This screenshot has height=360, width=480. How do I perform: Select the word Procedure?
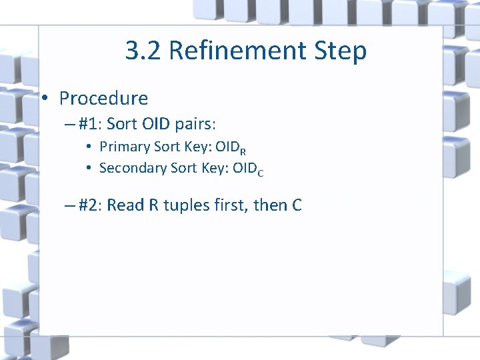pyautogui.click(x=103, y=99)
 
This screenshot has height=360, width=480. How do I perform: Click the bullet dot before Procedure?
pyautogui.click(x=44, y=99)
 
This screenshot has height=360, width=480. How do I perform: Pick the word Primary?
pyautogui.click(x=124, y=147)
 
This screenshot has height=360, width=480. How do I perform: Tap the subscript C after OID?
pyautogui.click(x=261, y=172)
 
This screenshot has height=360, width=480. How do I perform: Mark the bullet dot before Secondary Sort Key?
pyautogui.click(x=89, y=168)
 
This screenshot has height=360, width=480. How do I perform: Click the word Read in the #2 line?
pyautogui.click(x=125, y=205)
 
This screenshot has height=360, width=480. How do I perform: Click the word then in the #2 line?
pyautogui.click(x=271, y=205)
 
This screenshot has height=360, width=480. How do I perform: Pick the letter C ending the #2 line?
pyautogui.click(x=297, y=205)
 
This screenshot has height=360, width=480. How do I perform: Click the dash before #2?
pyautogui.click(x=69, y=205)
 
